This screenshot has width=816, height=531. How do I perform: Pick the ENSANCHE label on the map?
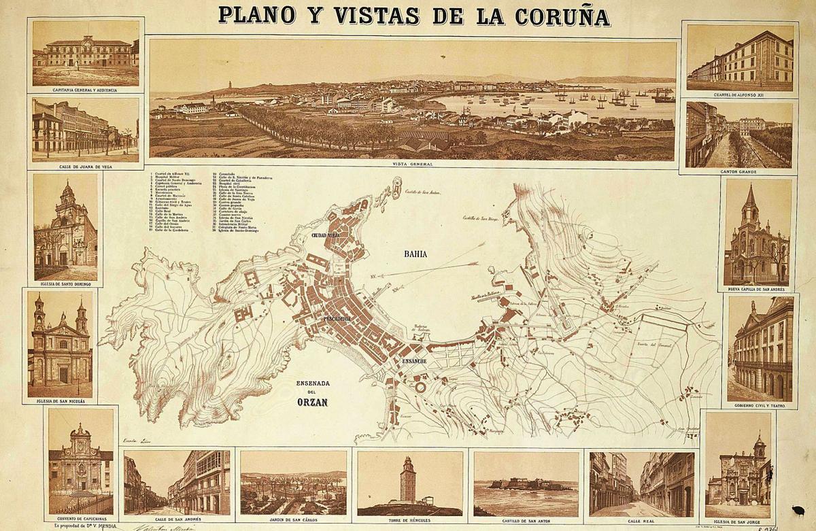[x=414, y=360]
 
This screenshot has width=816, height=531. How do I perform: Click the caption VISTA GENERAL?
[x=413, y=165]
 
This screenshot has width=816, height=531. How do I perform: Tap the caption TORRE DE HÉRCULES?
[x=409, y=520]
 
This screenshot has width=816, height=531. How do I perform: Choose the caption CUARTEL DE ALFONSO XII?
[x=740, y=95]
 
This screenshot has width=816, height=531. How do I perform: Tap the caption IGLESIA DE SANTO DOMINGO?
[x=65, y=286]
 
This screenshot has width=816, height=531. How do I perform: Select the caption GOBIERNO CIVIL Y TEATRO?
[x=760, y=406]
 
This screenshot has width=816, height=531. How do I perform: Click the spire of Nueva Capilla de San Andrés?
[x=750, y=197]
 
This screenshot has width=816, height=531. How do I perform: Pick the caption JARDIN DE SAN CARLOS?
[x=293, y=520]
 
